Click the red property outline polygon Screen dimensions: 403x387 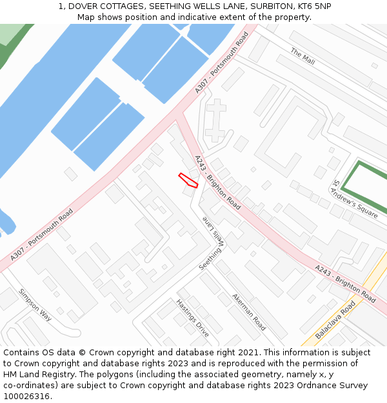click(x=188, y=180)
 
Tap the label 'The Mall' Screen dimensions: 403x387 click(x=303, y=57)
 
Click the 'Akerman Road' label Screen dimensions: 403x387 click(x=249, y=312)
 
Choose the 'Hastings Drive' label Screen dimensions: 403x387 click(x=193, y=318)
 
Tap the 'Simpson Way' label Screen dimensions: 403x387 click(x=35, y=304)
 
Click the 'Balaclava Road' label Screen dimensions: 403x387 click(x=335, y=320)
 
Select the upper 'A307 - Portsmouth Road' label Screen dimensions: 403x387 click(x=222, y=63)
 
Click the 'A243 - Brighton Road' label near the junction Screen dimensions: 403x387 click(x=218, y=182)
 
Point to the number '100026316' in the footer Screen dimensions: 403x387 click(x=27, y=396)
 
